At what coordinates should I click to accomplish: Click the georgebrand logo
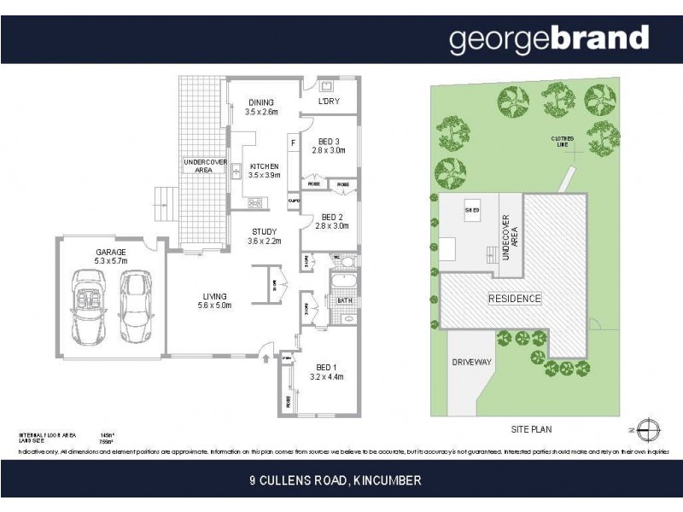click(549, 39)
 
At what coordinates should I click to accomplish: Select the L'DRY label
click(329, 103)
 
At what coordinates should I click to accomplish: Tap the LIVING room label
click(214, 299)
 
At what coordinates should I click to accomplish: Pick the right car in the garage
click(134, 305)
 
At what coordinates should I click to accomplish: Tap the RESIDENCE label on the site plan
click(515, 299)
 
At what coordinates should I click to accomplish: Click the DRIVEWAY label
click(471, 363)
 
